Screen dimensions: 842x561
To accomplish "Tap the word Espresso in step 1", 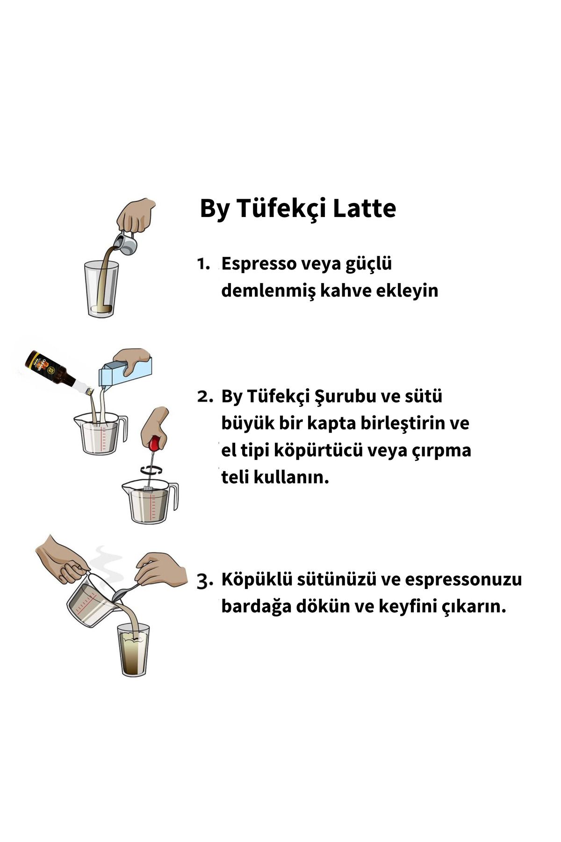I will coord(259,264).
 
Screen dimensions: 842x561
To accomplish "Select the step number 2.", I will coord(205,397).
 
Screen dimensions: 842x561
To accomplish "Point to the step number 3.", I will coord(205,581).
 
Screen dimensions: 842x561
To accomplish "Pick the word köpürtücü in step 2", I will coord(318,451).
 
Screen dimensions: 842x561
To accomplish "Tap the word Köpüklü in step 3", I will coord(252,580).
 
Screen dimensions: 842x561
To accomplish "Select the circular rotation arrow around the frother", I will coord(151,469).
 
